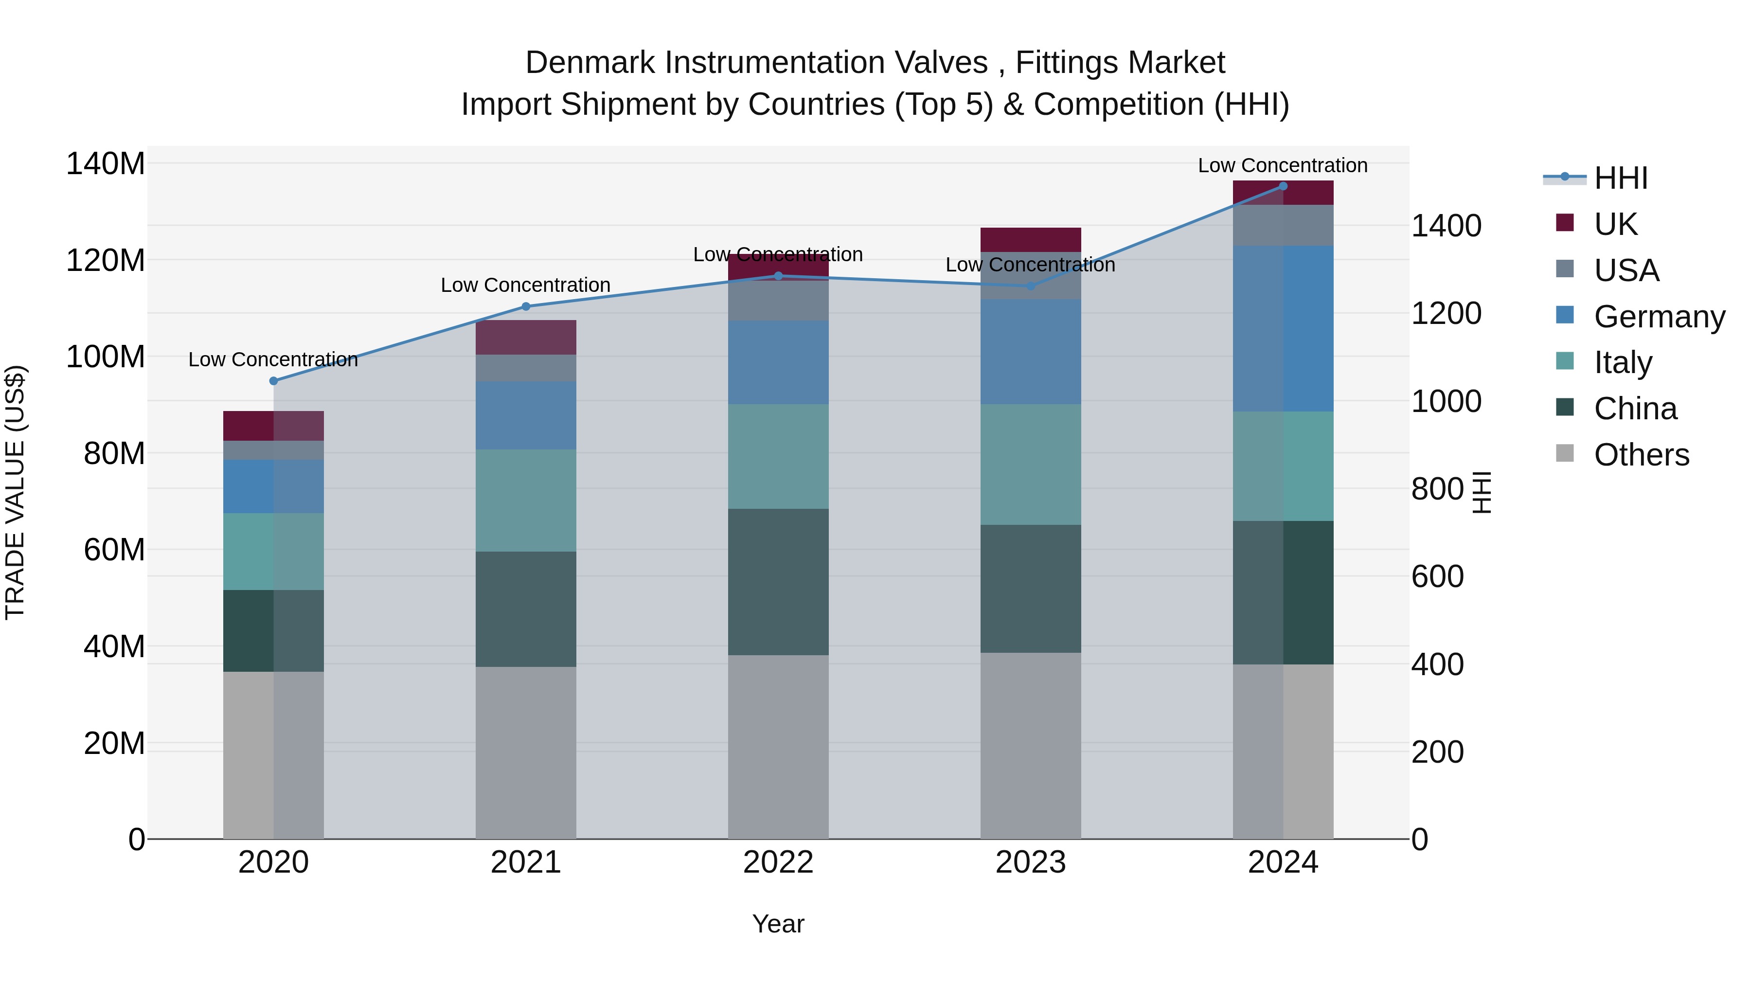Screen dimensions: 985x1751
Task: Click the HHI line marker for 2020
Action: (x=273, y=381)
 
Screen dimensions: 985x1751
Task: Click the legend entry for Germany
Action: (x=1659, y=316)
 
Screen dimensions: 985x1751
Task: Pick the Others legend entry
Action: (x=1641, y=454)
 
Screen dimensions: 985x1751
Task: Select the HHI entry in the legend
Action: (x=1621, y=178)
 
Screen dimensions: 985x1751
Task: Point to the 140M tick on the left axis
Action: (x=106, y=164)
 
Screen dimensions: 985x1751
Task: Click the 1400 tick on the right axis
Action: (x=1446, y=226)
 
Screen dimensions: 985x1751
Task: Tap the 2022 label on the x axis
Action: (x=778, y=862)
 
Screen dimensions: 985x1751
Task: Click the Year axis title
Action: (x=778, y=924)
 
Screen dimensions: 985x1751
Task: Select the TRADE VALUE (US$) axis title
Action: (x=15, y=492)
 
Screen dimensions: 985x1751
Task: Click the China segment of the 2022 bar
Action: (x=778, y=581)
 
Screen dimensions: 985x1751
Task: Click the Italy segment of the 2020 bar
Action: (x=273, y=551)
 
